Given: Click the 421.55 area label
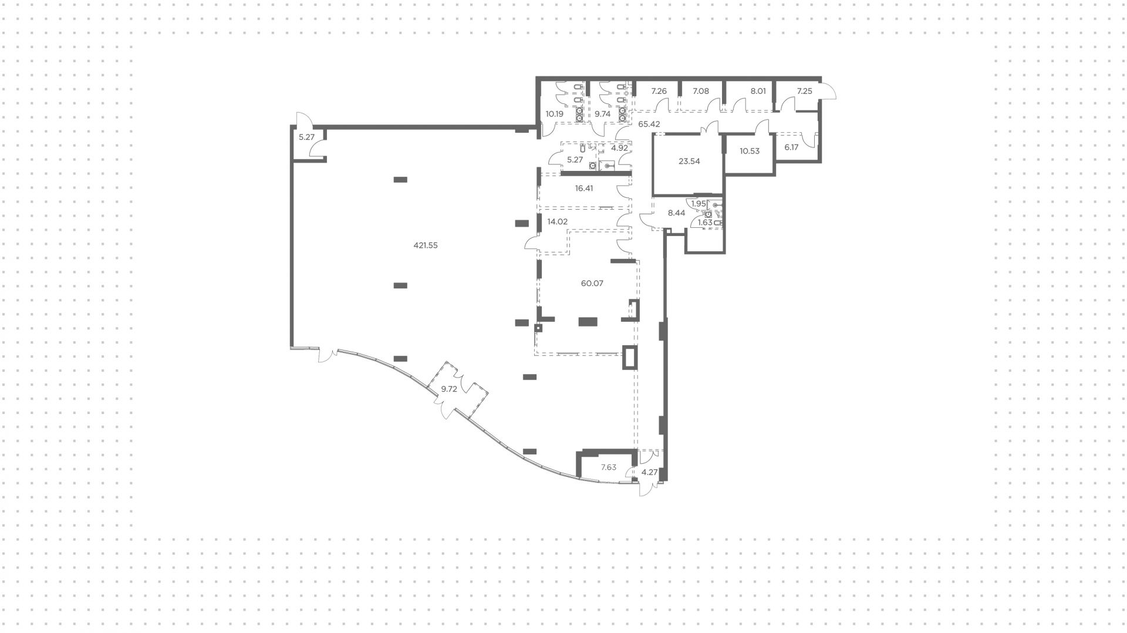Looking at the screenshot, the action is pos(426,246).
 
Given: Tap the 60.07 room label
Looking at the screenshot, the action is pos(592,284).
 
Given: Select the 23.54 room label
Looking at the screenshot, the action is pos(689,161).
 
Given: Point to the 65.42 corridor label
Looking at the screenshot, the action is pos(649,124).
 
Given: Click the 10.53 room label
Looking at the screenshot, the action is pos(750,151).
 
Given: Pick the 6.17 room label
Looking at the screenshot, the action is pos(792,148).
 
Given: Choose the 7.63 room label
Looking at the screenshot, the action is pos(608,468).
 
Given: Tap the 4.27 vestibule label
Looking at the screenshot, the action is pos(649,473).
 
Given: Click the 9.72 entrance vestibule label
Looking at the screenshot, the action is pos(449,389).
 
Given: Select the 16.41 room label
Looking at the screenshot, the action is pos(585,189).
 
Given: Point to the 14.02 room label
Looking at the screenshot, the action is pos(557,222).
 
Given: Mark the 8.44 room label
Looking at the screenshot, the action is pos(677,214).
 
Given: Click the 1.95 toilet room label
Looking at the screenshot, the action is pos(699,204).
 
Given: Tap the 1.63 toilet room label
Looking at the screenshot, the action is pos(705,223).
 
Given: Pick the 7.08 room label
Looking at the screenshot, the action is pos(701,92).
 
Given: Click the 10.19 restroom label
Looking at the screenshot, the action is pos(555,115).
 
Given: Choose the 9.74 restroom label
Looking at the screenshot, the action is pos(603,115).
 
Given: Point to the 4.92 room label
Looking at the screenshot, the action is pos(619,149).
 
